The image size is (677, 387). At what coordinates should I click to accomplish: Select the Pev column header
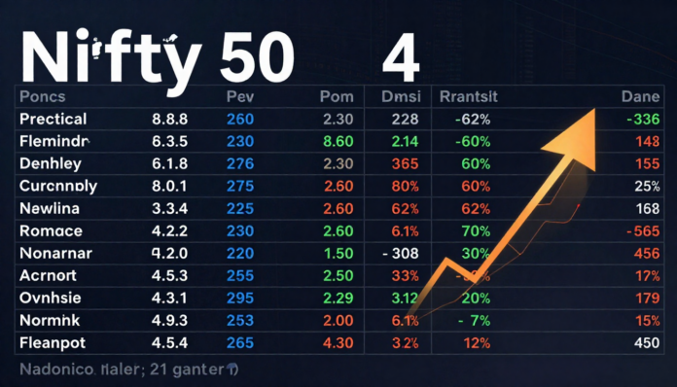pyautogui.click(x=239, y=98)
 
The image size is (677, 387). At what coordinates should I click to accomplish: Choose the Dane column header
pyautogui.click(x=639, y=98)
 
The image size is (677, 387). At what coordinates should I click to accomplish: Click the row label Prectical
pyautogui.click(x=53, y=120)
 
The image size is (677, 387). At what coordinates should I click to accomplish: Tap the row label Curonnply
pyautogui.click(x=57, y=186)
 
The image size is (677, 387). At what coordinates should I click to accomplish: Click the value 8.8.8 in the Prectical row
pyautogui.click(x=170, y=120)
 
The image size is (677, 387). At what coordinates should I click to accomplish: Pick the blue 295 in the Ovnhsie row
pyautogui.click(x=239, y=298)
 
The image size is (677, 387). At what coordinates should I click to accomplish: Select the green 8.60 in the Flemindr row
pyautogui.click(x=336, y=142)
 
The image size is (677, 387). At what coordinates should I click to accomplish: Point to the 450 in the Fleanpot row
pyautogui.click(x=645, y=342)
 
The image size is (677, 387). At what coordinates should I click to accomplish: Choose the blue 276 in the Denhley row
pyautogui.click(x=239, y=164)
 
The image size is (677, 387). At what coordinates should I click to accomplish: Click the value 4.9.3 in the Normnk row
pyautogui.click(x=170, y=320)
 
